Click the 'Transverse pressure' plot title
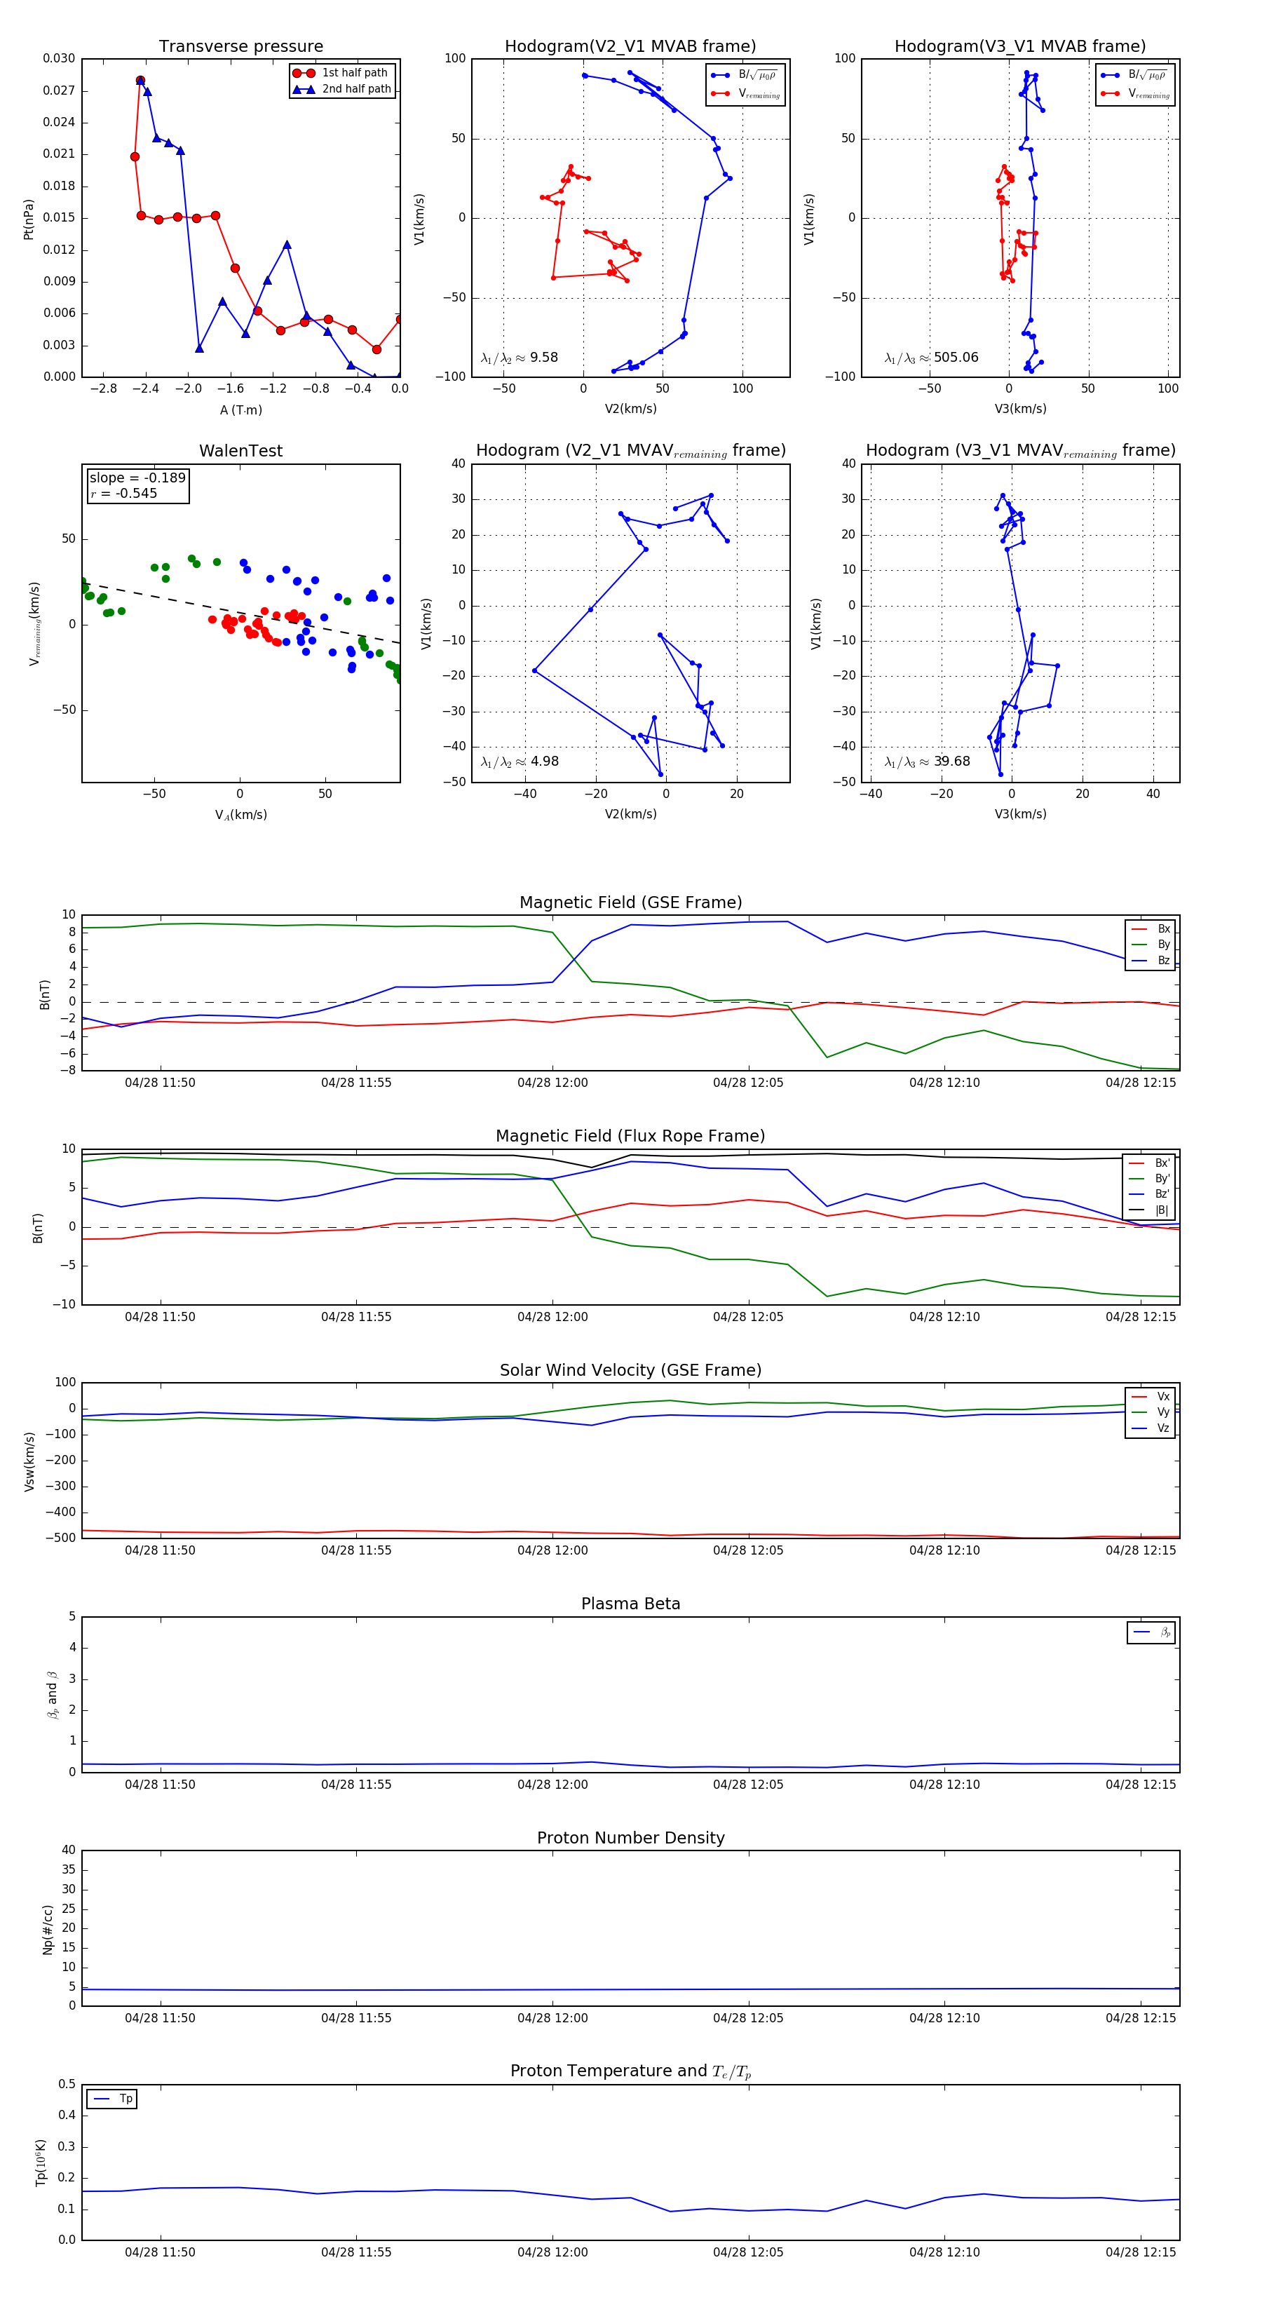pos(240,47)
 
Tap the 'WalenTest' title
pos(240,451)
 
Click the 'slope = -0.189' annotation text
pos(137,478)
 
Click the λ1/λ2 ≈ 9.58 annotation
pos(519,358)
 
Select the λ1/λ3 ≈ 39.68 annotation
pos(927,762)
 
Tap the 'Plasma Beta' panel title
pos(630,1604)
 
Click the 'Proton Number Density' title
pos(630,1838)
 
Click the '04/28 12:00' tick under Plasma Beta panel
pos(552,1785)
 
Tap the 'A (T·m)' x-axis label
pos(240,410)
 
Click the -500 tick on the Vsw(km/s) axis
pos(60,1538)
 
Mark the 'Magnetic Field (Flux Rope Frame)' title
pos(630,1137)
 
